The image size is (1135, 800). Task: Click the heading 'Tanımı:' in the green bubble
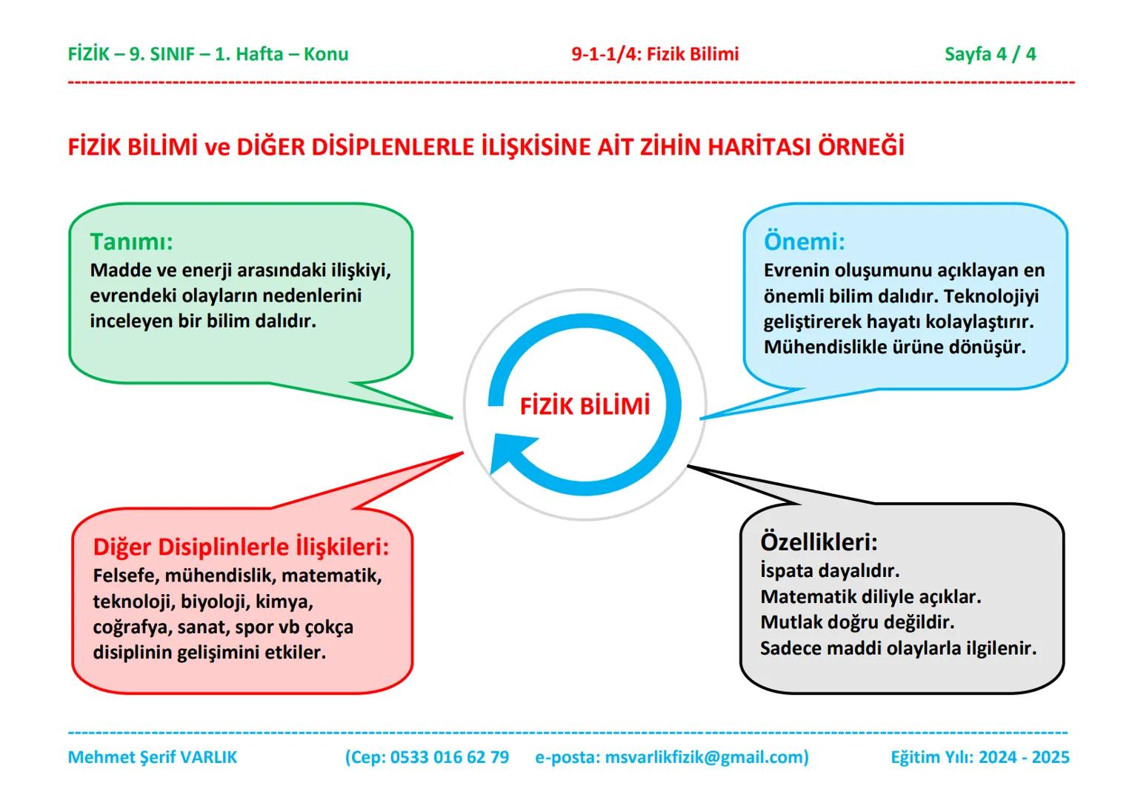click(131, 242)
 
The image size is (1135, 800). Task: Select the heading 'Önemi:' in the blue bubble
click(804, 241)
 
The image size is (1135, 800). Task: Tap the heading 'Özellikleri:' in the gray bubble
click(819, 542)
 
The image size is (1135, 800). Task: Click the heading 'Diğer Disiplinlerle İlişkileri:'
click(241, 547)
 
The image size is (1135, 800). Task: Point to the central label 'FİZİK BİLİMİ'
click(585, 406)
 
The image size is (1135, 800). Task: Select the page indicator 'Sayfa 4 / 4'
click(990, 54)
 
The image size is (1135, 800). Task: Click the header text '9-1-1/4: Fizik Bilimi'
click(655, 54)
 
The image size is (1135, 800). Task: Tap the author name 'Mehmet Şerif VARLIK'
click(152, 757)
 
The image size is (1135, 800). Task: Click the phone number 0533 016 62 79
click(449, 757)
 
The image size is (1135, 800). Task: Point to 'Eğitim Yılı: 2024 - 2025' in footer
click(979, 757)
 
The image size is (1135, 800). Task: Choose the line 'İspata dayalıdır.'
click(829, 571)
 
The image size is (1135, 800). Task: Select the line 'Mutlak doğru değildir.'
click(857, 622)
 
